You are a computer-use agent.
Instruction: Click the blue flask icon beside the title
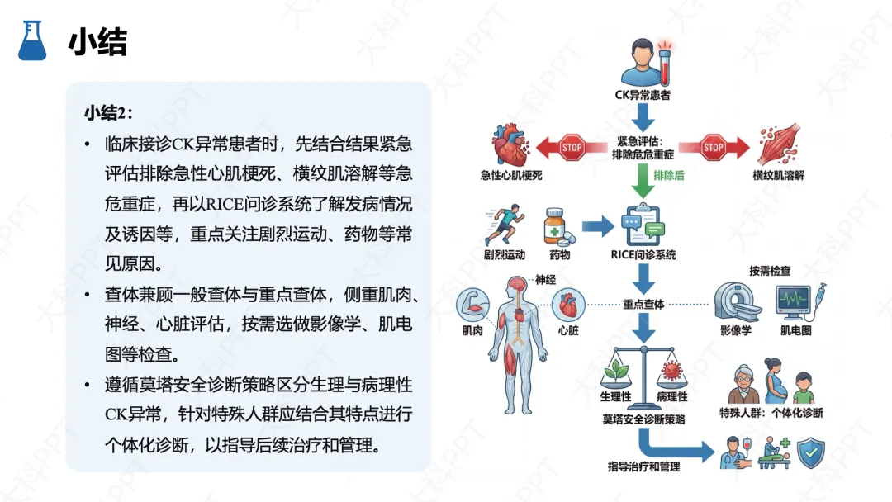point(32,40)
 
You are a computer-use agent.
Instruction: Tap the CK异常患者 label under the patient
point(643,95)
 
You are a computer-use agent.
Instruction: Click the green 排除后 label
point(668,175)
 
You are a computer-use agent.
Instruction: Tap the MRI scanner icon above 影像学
point(736,301)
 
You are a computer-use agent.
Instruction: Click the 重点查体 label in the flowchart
point(643,304)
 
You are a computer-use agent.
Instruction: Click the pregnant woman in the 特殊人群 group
point(773,380)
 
